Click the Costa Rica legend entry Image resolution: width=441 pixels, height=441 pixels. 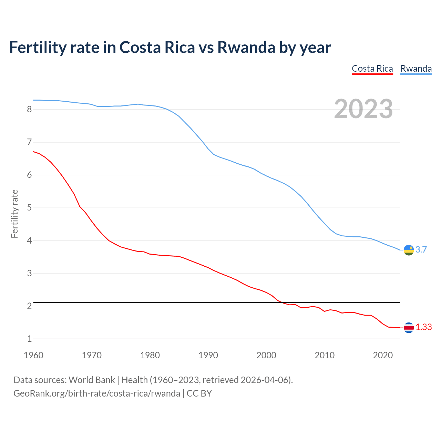coord(372,69)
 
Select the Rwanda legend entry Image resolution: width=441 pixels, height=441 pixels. coord(416,69)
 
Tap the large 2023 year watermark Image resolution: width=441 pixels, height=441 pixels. coord(363,109)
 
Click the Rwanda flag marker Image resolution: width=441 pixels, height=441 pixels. coord(409,250)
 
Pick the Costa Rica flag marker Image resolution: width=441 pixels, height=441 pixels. coord(409,328)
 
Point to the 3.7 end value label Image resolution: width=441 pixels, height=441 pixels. coord(421,249)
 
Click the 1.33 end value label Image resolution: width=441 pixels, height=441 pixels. coord(423,327)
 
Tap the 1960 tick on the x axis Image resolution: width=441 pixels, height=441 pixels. coord(33,355)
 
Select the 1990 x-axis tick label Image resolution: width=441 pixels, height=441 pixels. coord(208,355)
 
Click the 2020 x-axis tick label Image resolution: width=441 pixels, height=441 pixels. coord(383,355)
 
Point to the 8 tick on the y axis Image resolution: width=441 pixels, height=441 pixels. coord(29,110)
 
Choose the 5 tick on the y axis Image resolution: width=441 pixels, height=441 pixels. coord(29,208)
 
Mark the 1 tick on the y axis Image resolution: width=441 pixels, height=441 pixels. coord(29,339)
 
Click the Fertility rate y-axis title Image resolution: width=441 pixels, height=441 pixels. coord(14,214)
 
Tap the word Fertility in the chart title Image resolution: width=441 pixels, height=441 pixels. coord(37,47)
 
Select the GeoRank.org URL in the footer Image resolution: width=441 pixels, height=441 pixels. coord(96,393)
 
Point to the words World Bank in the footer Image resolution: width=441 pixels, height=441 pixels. coord(92,380)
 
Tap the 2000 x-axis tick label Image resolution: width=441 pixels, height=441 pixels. coord(266,355)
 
